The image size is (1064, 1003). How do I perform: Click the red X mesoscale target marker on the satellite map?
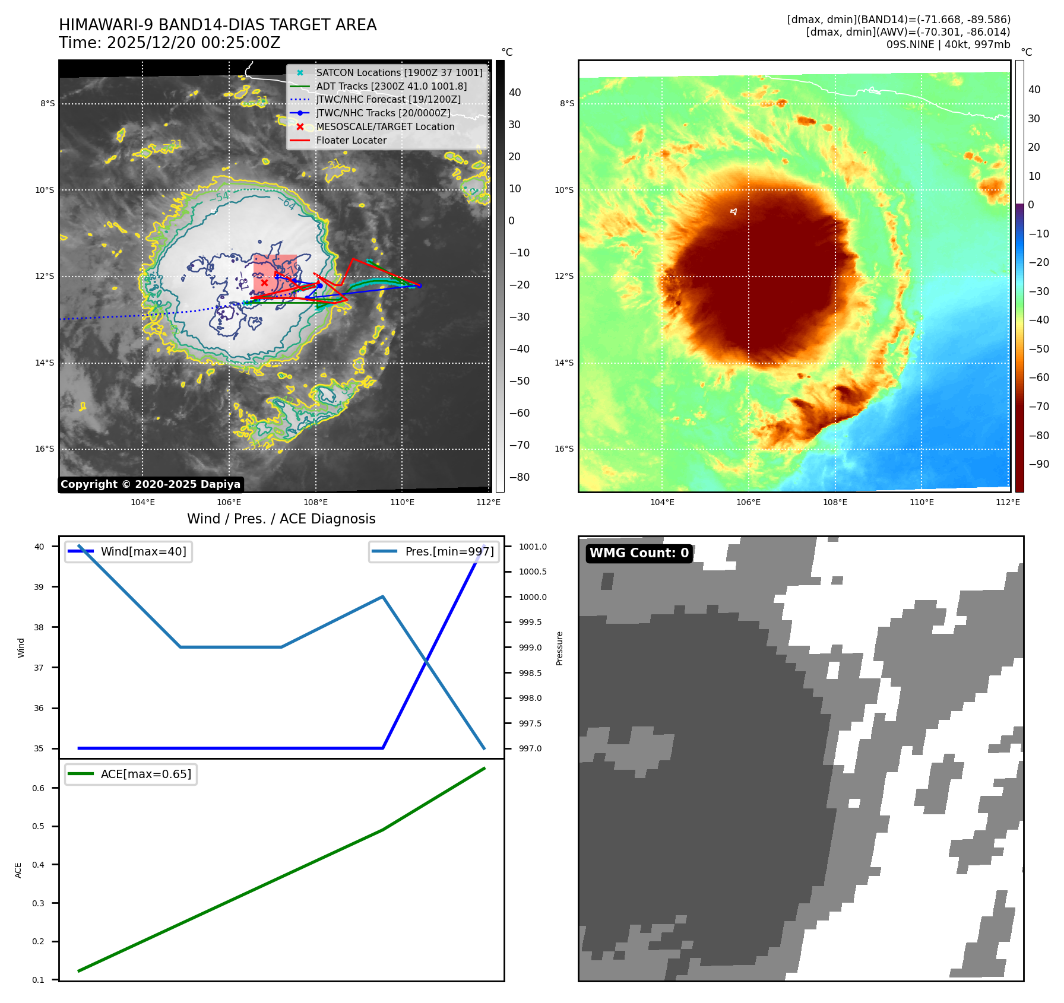pyautogui.click(x=264, y=283)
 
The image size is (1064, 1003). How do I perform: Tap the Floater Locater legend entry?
pyautogui.click(x=351, y=140)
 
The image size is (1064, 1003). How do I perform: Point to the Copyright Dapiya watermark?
pyautogui.click(x=150, y=484)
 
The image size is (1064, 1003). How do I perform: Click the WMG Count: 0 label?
pyautogui.click(x=639, y=553)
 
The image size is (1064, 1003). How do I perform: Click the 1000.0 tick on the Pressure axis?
pyautogui.click(x=533, y=597)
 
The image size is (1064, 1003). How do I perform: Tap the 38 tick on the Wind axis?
pyautogui.click(x=39, y=627)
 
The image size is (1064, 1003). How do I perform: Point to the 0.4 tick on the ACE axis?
pyautogui.click(x=38, y=865)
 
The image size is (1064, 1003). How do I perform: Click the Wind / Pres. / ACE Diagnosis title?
pyautogui.click(x=281, y=519)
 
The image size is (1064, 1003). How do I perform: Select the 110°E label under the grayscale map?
pyautogui.click(x=402, y=502)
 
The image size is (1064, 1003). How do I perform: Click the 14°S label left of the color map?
pyautogui.click(x=564, y=363)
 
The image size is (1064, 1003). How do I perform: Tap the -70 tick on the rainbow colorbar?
pyautogui.click(x=1038, y=407)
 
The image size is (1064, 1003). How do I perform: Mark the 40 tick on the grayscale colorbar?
pyautogui.click(x=515, y=93)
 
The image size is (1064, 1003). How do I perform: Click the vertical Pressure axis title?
pyautogui.click(x=559, y=648)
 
